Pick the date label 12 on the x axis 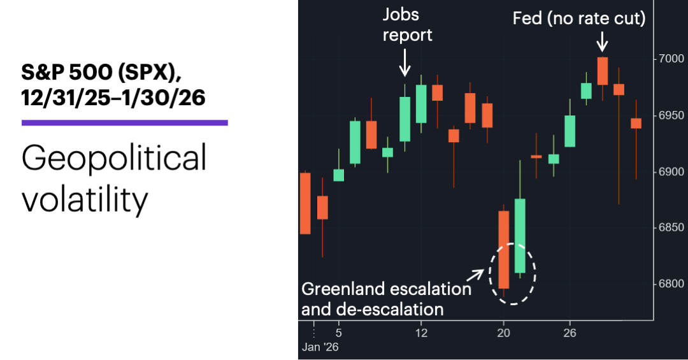[x=420, y=333]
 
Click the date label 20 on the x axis [x=504, y=333]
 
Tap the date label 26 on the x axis [x=570, y=333]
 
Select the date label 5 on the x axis [x=339, y=333]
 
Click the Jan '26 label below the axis [x=321, y=348]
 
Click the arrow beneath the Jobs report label [x=405, y=66]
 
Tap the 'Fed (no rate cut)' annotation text [x=579, y=19]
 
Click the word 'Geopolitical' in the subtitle [x=115, y=157]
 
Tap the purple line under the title [x=125, y=122]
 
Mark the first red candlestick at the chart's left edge [x=305, y=203]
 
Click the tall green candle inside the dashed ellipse [x=520, y=235]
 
